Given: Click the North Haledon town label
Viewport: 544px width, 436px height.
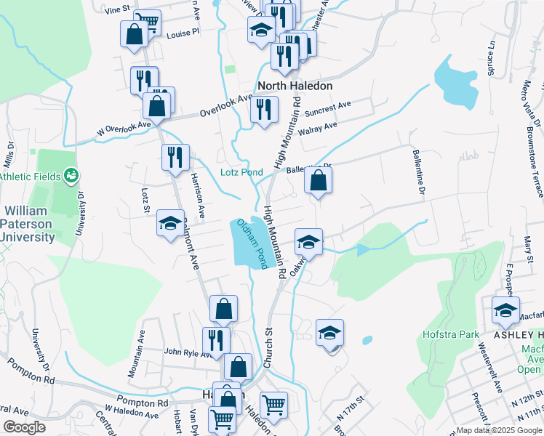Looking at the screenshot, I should click(x=295, y=86).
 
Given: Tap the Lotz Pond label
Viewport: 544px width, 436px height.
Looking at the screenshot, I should click(x=241, y=172).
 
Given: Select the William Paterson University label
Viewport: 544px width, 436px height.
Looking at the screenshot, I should click(x=30, y=223).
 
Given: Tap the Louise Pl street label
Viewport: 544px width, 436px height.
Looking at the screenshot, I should click(x=183, y=33).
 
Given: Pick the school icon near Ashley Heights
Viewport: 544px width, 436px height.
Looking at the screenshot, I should click(x=505, y=311).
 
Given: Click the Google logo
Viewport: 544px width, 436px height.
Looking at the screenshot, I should click(x=24, y=427).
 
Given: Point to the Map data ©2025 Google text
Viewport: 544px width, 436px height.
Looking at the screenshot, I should click(x=498, y=430).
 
